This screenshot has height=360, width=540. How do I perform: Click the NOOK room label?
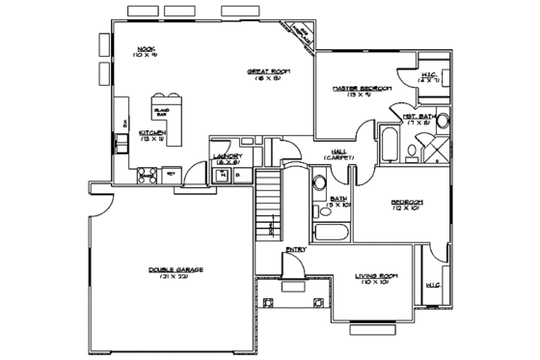point(147,50)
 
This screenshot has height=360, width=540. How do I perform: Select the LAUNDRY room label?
point(228,157)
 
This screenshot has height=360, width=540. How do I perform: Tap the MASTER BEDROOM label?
point(362,91)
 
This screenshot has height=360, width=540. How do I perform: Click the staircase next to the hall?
point(271,208)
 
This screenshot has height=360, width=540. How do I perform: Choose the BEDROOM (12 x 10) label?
point(406,205)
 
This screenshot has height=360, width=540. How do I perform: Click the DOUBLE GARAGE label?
point(175,272)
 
